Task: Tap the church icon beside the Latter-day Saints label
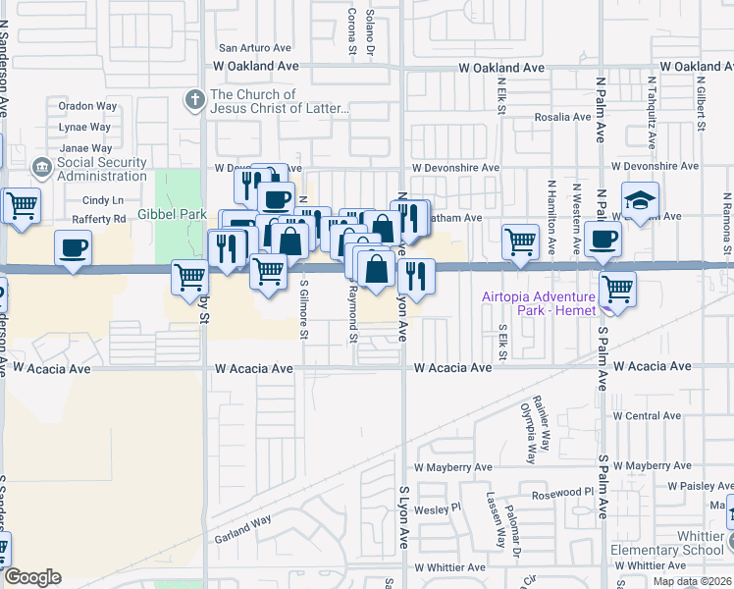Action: (194, 100)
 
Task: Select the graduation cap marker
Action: (639, 203)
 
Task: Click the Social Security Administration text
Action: (102, 169)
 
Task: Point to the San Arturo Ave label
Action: (255, 47)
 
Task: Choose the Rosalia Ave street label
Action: (562, 117)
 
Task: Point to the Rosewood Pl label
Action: (561, 493)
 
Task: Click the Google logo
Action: (32, 577)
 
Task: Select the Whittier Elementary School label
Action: (666, 543)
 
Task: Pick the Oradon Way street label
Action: (87, 106)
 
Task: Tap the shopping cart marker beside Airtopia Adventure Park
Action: (617, 289)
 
